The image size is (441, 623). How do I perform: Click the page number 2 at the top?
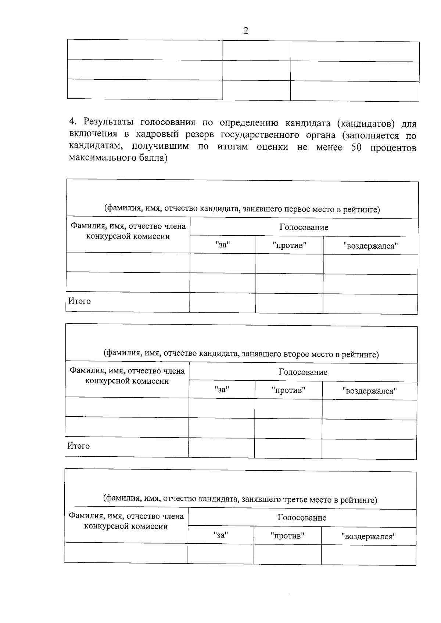245,31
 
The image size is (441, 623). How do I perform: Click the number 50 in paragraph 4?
356,148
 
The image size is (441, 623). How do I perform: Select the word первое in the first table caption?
295,209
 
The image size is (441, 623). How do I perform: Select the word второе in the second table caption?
294,354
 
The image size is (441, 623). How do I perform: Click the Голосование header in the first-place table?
304,227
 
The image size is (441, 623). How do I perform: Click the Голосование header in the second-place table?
303,372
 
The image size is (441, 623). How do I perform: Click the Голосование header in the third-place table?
302,518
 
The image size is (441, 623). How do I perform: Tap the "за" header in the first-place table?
223,245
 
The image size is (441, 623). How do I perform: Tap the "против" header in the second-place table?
288,390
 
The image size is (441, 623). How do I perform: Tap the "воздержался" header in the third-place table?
368,536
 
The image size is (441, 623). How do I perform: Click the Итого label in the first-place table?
79,301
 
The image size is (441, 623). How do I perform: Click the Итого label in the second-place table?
78,446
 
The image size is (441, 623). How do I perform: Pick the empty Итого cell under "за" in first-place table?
223,303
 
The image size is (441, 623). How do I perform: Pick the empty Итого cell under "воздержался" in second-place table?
369,448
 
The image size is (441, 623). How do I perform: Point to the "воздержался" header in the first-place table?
370,246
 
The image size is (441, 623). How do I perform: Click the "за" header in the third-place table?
220,535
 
